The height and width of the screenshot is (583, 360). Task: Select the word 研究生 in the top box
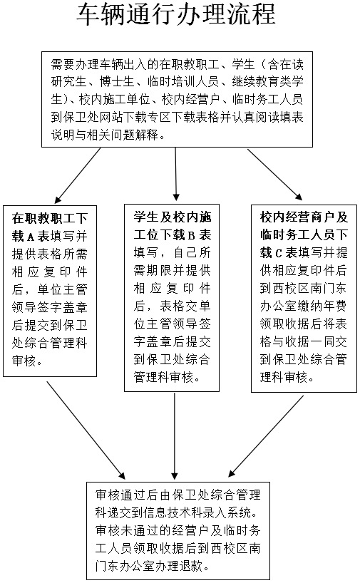[x=68, y=82]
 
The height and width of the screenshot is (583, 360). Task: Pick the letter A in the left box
[x=31, y=237]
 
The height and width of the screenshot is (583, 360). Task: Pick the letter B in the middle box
[x=191, y=235]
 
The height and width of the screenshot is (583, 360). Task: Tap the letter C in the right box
[x=279, y=253]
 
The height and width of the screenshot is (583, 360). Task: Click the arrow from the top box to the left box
[x=78, y=175]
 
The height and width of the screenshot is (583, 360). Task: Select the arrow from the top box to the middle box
[x=176, y=175]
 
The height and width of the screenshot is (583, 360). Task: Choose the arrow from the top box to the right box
[x=274, y=175]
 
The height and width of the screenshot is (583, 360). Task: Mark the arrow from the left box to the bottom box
[x=86, y=430]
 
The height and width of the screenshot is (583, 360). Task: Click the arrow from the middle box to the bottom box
[x=175, y=435]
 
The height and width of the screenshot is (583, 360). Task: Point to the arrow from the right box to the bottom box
[x=266, y=435]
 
